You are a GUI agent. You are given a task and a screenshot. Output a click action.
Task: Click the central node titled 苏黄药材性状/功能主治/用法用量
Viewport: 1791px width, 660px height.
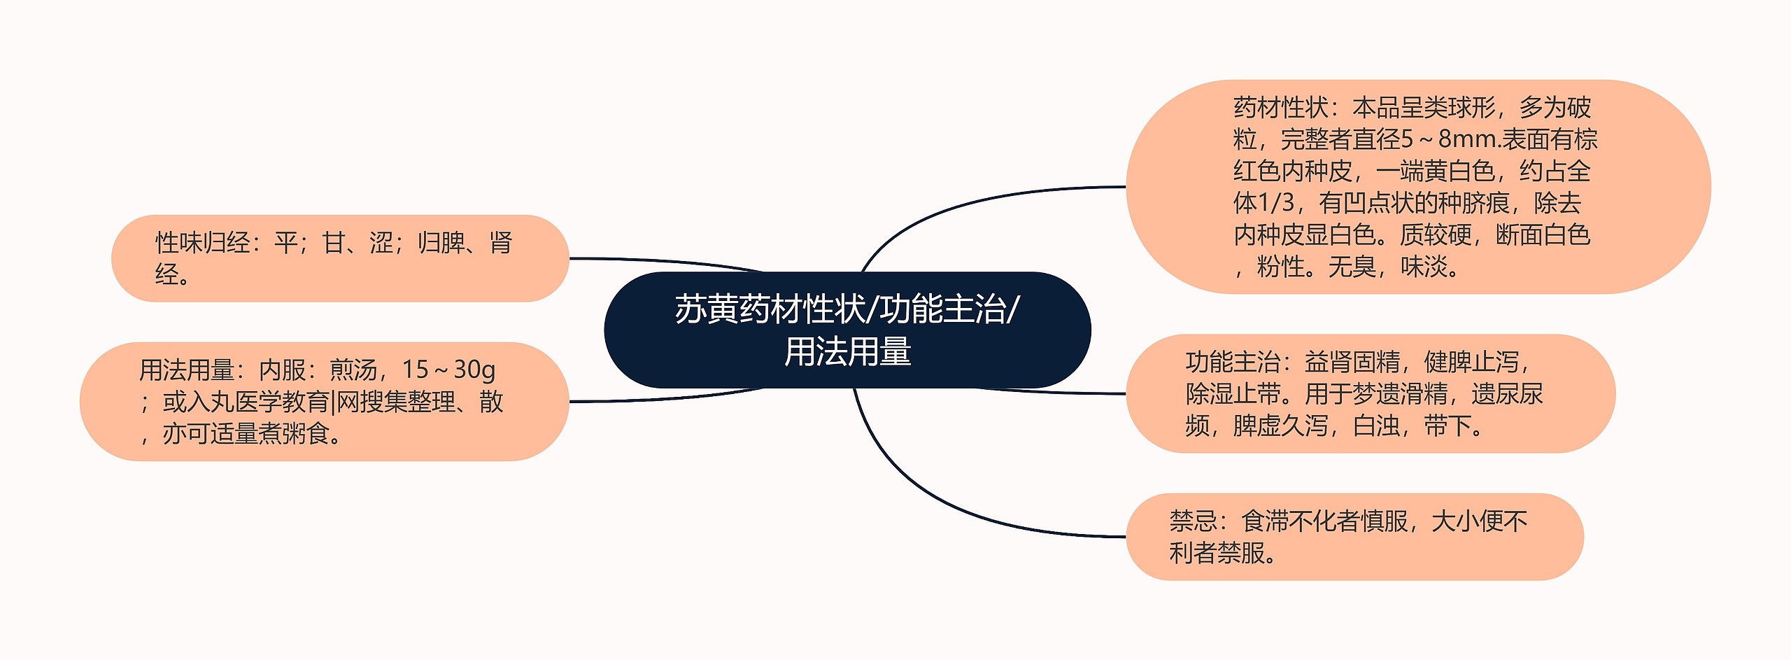pos(847,330)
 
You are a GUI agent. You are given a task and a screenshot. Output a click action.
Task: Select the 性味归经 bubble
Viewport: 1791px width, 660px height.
pos(340,258)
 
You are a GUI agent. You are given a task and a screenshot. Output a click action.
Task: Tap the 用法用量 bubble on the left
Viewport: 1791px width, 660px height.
pos(324,401)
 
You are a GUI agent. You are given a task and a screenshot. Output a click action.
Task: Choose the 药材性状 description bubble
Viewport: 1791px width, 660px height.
pos(1417,187)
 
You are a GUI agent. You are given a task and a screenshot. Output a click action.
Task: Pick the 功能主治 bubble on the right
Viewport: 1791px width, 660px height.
pos(1370,393)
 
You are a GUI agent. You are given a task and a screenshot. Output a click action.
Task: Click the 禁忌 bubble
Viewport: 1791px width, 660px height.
pos(1354,537)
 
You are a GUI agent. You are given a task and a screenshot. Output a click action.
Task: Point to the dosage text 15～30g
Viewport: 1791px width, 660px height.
pos(448,369)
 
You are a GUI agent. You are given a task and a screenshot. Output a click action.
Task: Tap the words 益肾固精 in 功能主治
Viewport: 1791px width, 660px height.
pos(1352,363)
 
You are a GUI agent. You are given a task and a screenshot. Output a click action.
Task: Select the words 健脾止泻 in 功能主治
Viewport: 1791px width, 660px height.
pos(1471,363)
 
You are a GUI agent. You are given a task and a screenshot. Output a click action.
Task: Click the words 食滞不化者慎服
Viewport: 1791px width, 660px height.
pos(1324,521)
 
